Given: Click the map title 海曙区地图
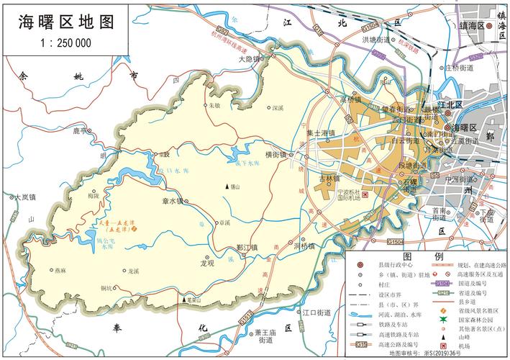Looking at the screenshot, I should (x=66, y=22).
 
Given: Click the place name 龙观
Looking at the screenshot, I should (x=207, y=264).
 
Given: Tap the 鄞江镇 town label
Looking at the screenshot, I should (x=248, y=247).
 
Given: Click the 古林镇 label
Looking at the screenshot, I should (x=328, y=178).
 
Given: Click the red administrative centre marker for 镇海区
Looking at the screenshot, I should (x=489, y=26).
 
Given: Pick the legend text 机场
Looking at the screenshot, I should (x=465, y=346).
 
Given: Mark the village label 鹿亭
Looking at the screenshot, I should (x=79, y=131).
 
